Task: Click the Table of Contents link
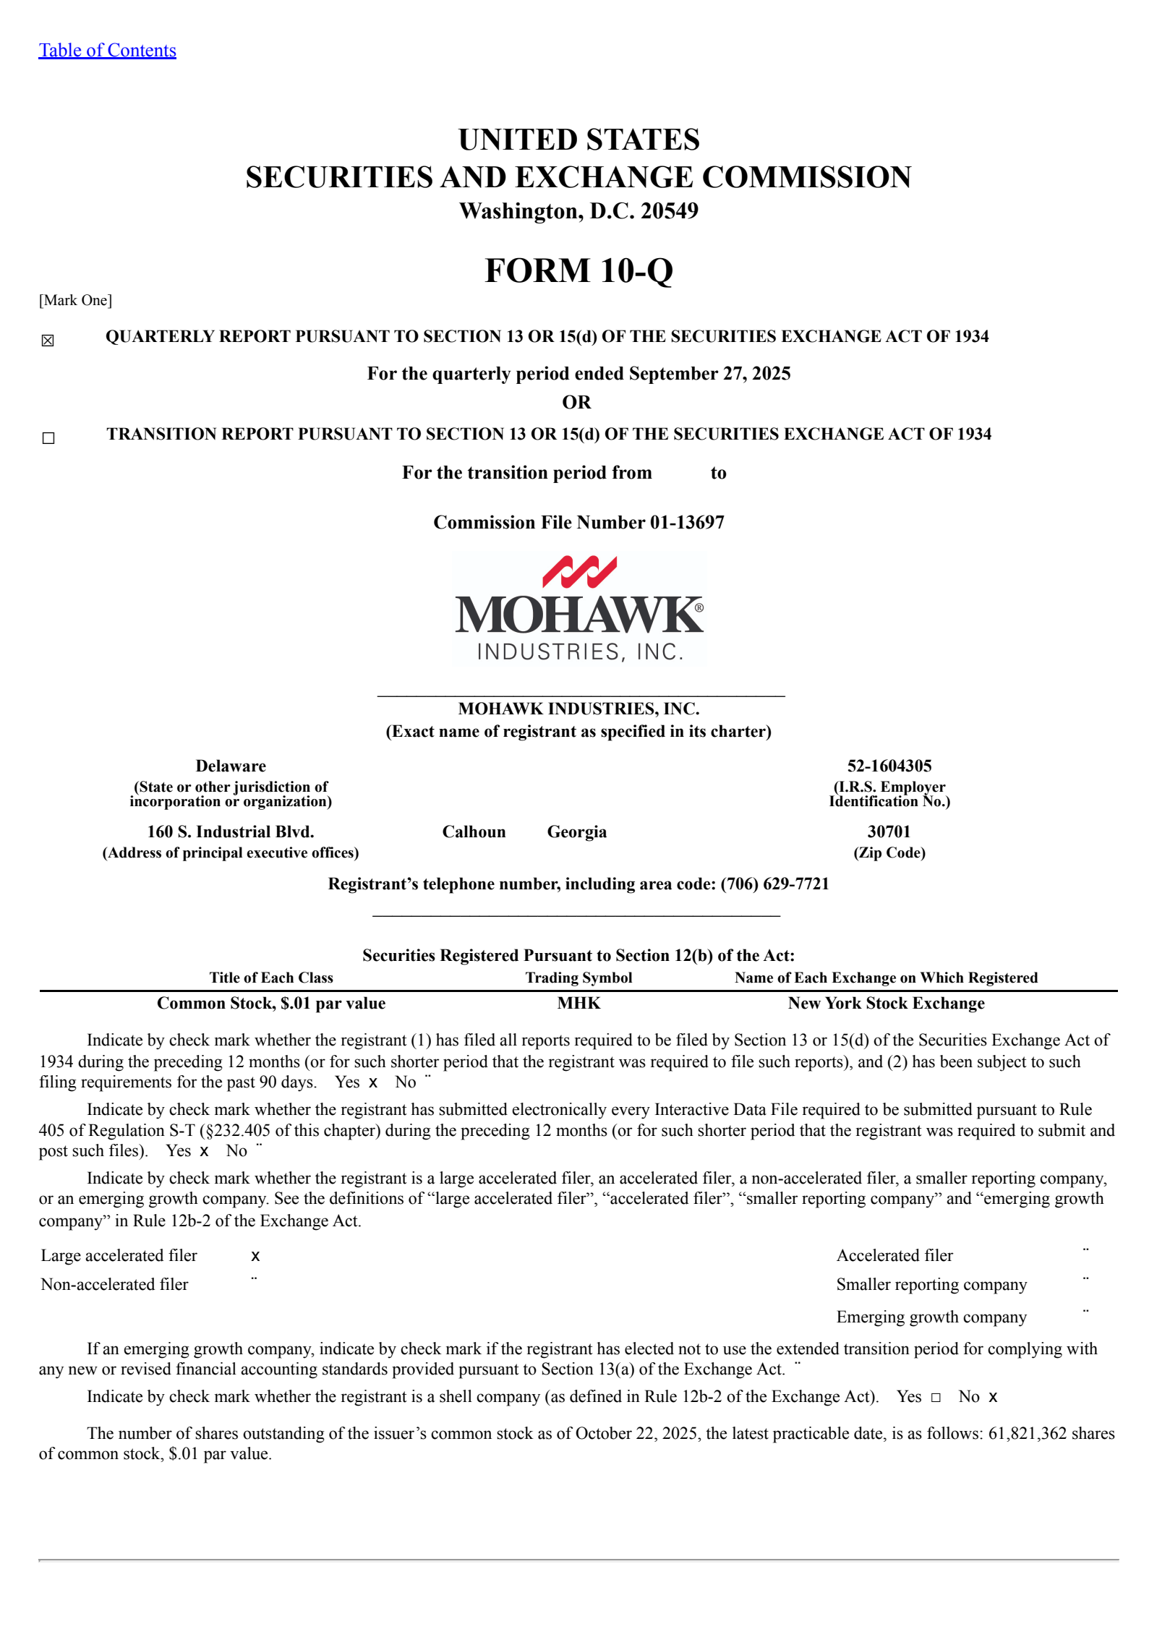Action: tap(107, 51)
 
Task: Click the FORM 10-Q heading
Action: tap(578, 271)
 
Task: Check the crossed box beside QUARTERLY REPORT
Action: tap(48, 341)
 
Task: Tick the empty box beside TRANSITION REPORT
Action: tap(48, 438)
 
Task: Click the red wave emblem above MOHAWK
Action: tap(579, 571)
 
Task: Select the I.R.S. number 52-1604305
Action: tap(889, 766)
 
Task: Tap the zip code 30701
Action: tap(889, 832)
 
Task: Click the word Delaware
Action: tap(231, 766)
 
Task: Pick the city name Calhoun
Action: tap(474, 832)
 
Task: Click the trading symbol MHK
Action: tap(578, 1003)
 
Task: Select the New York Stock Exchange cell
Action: tap(886, 1003)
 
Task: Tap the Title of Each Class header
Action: tap(271, 978)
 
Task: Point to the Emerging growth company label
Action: tap(931, 1317)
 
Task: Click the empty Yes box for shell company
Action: tap(936, 1398)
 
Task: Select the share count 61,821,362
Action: tap(1027, 1433)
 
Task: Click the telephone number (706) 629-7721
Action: tap(774, 884)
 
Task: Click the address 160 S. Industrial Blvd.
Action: tap(231, 832)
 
